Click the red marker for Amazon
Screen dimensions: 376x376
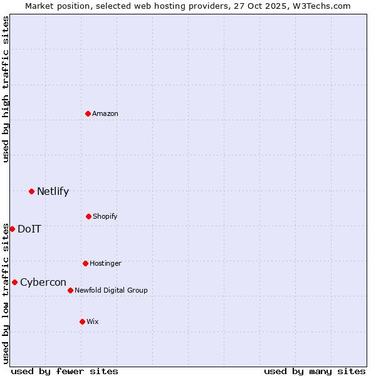point(88,113)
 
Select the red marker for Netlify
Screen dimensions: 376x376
point(31,191)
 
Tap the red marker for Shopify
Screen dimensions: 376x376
point(88,216)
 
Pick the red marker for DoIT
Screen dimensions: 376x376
point(12,229)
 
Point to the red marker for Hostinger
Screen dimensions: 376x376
point(85,263)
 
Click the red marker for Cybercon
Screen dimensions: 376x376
point(14,282)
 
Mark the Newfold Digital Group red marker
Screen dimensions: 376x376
point(70,290)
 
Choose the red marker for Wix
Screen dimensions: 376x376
point(82,321)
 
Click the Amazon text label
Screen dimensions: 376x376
point(105,113)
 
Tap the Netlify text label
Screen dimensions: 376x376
point(53,191)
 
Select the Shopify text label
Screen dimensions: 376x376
point(105,216)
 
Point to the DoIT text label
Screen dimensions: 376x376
point(29,229)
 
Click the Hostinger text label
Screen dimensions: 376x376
point(105,263)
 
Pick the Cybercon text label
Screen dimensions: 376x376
point(43,282)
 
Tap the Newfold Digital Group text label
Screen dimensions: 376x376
point(111,290)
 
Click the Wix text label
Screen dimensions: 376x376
point(93,321)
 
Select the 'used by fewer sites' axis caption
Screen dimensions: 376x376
point(65,371)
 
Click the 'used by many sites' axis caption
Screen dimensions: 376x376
point(315,371)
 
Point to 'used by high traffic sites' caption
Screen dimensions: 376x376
point(6,90)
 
